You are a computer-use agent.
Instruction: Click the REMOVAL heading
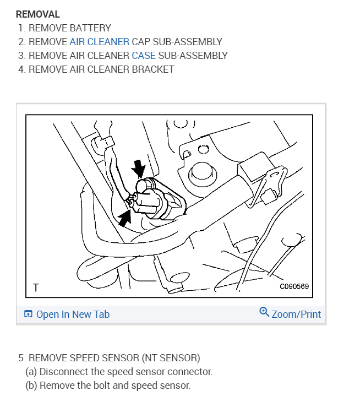38,14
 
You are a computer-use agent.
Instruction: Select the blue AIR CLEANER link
100,42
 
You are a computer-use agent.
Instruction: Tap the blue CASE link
144,56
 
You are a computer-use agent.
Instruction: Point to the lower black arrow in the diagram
125,218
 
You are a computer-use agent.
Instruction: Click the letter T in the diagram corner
36,287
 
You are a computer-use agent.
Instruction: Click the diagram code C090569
294,286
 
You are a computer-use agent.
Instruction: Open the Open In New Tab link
73,314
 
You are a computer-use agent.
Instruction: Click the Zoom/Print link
296,314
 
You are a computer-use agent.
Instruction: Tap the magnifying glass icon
264,312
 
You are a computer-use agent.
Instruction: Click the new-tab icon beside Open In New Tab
28,314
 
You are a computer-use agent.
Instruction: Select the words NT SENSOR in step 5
171,358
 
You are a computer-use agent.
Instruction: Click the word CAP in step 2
141,42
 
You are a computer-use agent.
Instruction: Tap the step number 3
22,56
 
